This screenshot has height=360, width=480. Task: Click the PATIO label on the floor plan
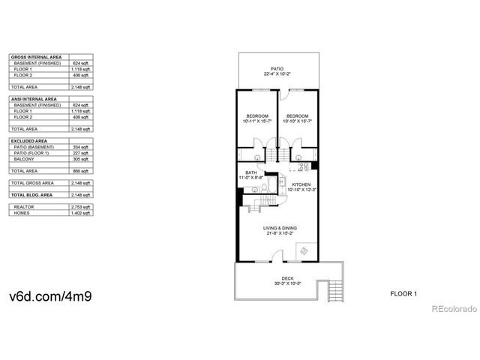coord(277,68)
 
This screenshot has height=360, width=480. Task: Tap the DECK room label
coord(277,279)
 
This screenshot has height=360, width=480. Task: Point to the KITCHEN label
coord(301,184)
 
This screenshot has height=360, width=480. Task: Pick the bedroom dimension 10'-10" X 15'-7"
coord(298,121)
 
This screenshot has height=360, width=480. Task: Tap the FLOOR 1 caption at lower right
coord(403,292)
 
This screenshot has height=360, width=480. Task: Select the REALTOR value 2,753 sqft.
coord(80,207)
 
